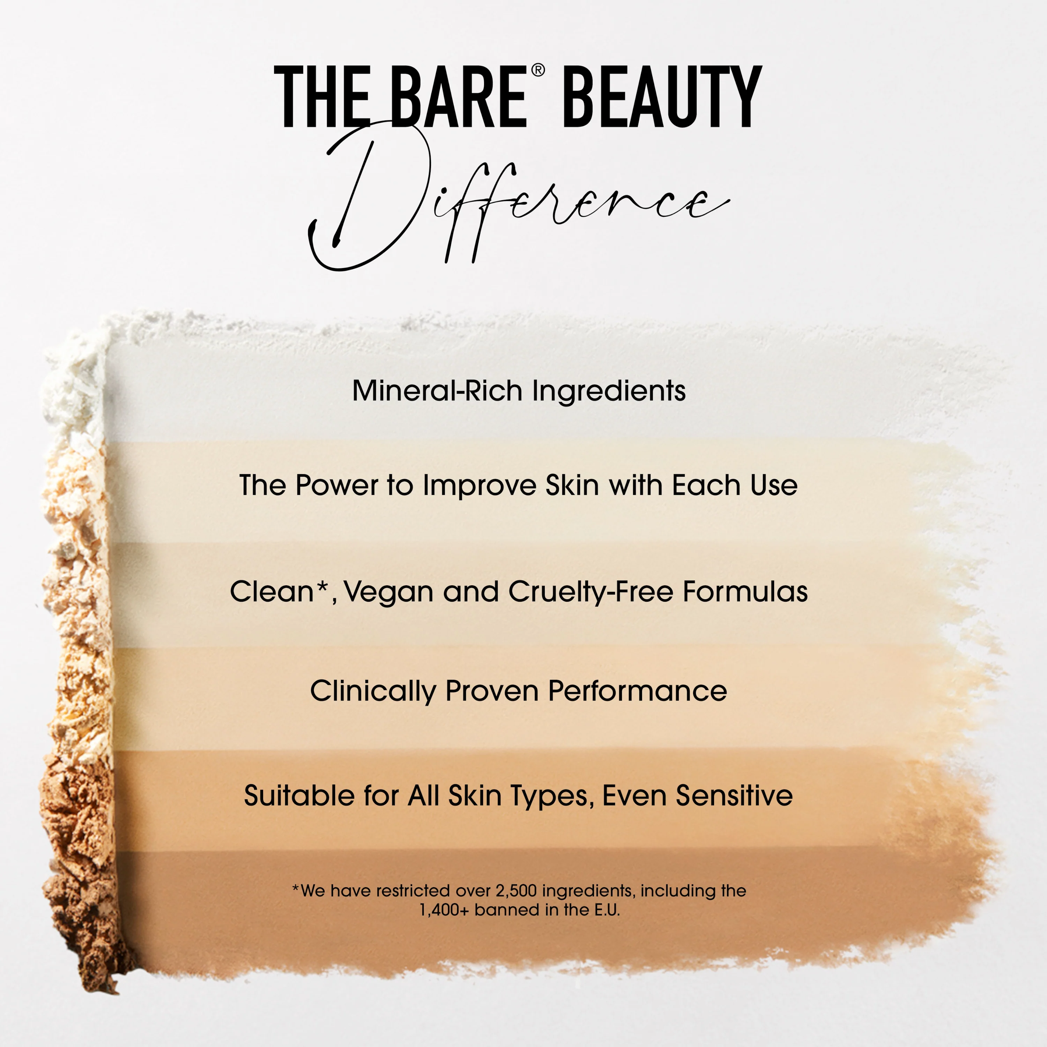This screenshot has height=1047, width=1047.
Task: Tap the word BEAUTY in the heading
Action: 662,98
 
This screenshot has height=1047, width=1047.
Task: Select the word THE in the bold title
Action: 322,98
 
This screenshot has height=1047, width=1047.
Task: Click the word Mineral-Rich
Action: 437,391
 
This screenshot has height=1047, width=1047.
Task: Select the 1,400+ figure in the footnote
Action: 444,910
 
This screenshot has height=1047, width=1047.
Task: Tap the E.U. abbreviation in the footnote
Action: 607,910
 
